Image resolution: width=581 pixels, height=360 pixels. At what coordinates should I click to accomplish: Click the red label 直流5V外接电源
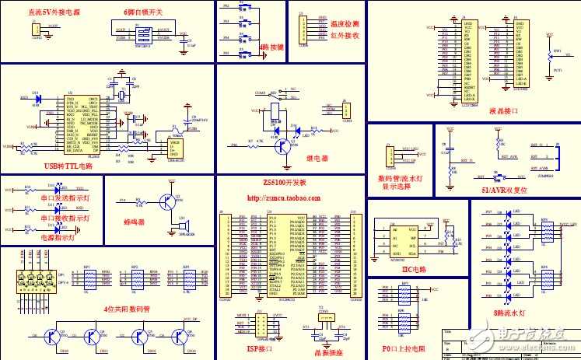click(x=52, y=12)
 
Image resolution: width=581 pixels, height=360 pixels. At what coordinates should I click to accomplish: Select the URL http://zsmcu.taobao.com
click(x=284, y=198)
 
